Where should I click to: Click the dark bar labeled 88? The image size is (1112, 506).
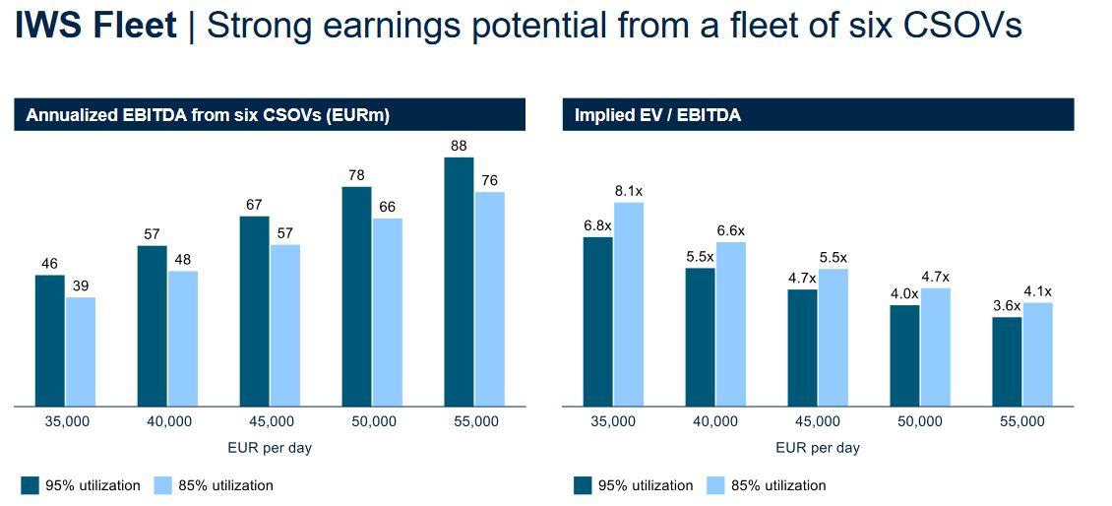coord(459,282)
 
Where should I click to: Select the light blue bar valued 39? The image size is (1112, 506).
coord(81,351)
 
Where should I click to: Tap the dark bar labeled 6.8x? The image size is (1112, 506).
coord(597,321)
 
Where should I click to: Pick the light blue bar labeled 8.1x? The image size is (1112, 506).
coord(628,304)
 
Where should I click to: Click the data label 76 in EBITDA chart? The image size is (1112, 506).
coord(489,180)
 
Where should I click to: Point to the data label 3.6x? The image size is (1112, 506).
coord(1006,305)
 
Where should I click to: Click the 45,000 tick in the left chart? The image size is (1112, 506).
coord(272,421)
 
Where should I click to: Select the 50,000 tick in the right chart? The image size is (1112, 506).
coord(919,421)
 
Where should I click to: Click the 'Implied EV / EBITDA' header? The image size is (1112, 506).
coord(657,116)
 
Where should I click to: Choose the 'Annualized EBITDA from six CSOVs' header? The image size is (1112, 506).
coord(208,116)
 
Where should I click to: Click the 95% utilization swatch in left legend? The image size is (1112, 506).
coord(30,485)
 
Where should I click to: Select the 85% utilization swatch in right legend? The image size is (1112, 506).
coord(716,485)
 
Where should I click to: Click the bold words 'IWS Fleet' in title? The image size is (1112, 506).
coord(95,27)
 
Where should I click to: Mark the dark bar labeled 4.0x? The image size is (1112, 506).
coord(904,355)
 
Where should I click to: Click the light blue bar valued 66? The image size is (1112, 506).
coord(387,312)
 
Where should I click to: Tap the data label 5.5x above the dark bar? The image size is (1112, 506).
coord(699,256)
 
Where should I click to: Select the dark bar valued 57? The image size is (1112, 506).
coord(152,326)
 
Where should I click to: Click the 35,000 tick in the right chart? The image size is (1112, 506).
coord(612,421)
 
